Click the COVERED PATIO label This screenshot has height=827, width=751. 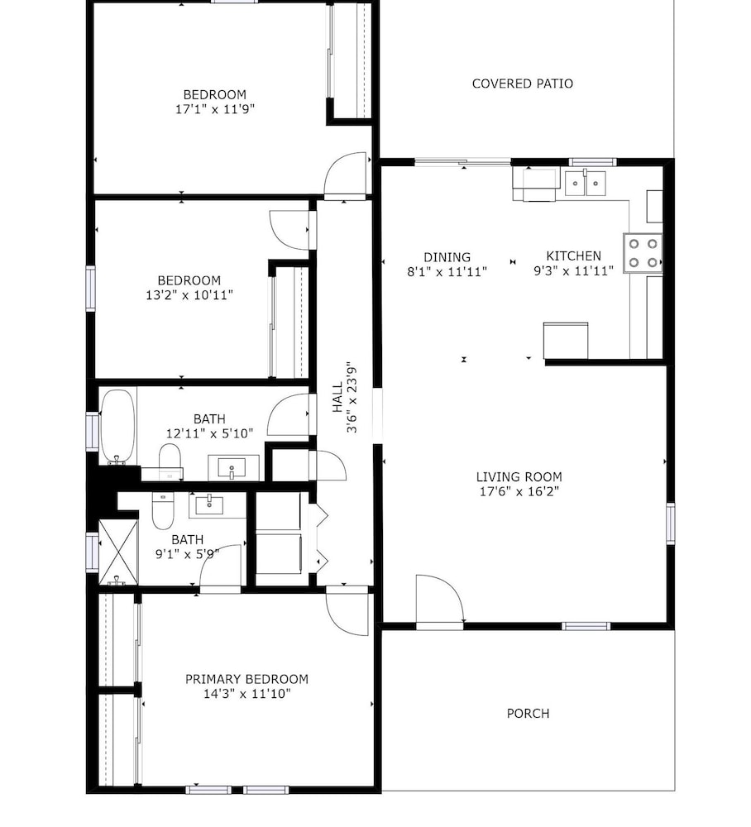tap(522, 84)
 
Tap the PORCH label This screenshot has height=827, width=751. tap(528, 713)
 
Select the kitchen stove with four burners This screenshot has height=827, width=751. tap(643, 252)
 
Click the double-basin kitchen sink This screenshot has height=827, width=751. tap(585, 183)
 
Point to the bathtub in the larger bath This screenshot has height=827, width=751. tap(118, 427)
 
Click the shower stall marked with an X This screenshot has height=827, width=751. tap(118, 552)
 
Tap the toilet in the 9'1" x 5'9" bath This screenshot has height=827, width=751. tap(163, 510)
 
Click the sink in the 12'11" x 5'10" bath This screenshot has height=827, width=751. tap(232, 467)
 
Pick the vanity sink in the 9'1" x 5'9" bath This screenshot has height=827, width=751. tap(209, 504)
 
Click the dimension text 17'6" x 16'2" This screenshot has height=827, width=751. tap(519, 491)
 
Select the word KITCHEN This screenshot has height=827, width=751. tap(573, 256)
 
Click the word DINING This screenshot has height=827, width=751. tap(447, 257)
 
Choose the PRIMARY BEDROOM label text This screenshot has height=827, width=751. tap(246, 679)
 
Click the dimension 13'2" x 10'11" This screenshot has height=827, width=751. tap(189, 295)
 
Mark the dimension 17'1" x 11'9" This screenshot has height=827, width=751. tap(215, 109)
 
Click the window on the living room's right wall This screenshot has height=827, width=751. tap(670, 523)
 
